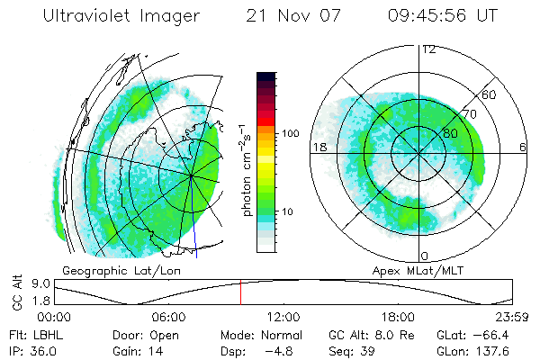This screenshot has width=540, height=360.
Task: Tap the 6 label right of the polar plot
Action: [x=523, y=147]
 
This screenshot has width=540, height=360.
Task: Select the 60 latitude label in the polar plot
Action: [x=490, y=94]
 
